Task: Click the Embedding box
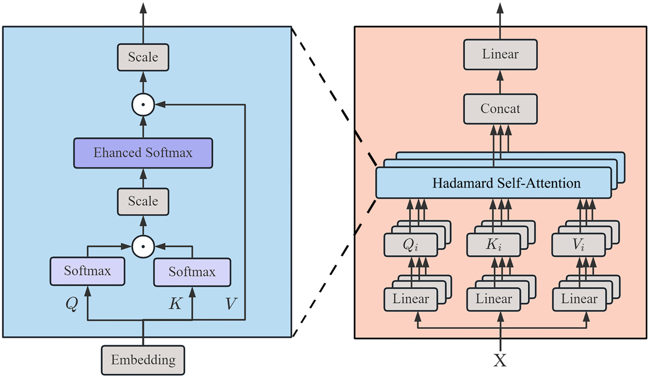(x=143, y=359)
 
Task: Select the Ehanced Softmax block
(x=143, y=153)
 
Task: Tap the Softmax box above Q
(x=87, y=271)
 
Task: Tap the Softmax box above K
(x=192, y=271)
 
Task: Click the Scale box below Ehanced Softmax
(x=143, y=201)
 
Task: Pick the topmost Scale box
(x=143, y=56)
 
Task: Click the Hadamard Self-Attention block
(x=492, y=183)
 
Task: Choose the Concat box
(x=499, y=109)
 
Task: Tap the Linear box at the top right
(x=499, y=54)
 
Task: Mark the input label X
(x=500, y=360)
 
